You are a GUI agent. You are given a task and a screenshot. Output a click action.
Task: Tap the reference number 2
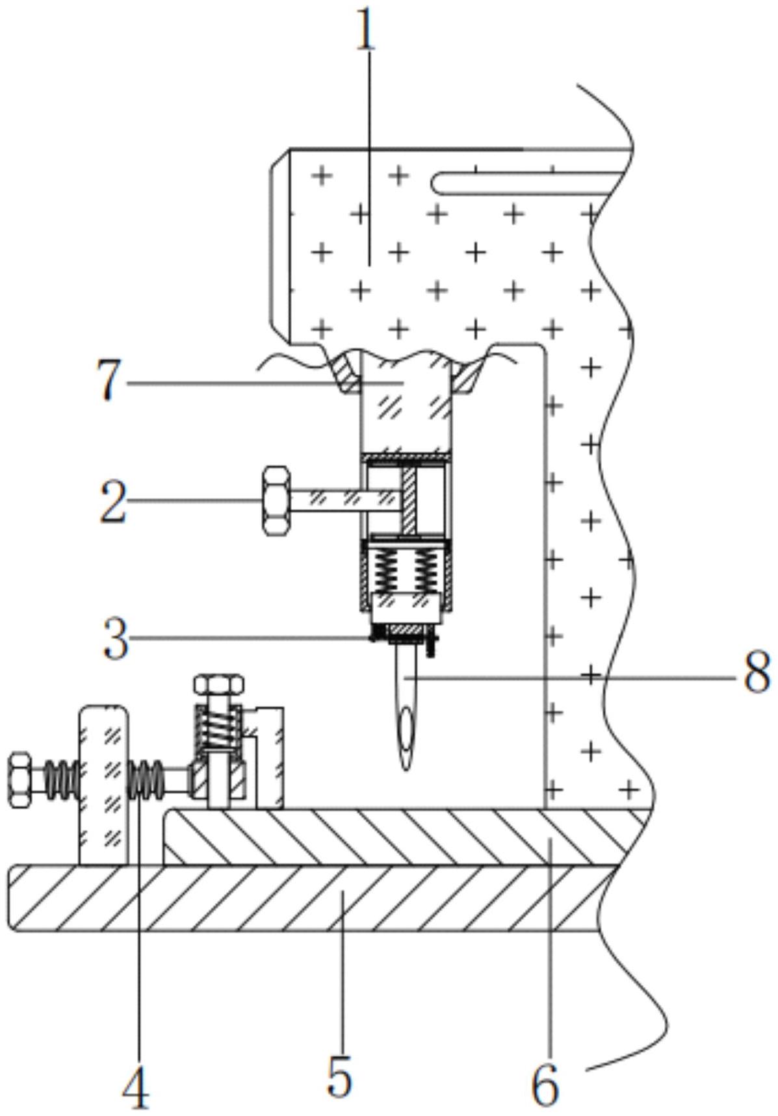pos(113,501)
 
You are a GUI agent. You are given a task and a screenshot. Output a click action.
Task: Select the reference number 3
pos(116,639)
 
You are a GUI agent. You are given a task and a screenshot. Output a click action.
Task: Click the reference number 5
pos(339,1075)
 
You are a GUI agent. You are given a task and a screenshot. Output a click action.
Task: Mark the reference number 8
pos(757,673)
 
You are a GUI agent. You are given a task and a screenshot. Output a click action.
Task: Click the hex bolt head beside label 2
pos(276,500)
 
